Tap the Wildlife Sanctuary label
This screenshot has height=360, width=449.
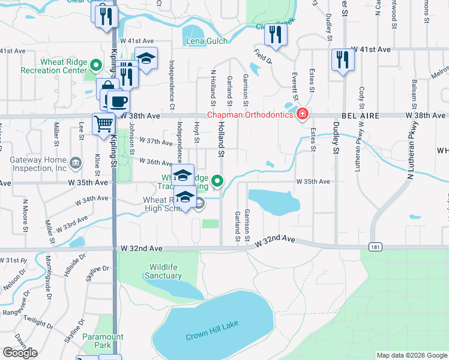[x=163, y=271]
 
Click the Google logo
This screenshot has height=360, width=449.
[x=20, y=353]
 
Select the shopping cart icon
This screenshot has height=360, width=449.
[x=104, y=124]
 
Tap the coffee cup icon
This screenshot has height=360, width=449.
[x=118, y=100]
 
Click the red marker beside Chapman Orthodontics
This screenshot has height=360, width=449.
[x=303, y=113]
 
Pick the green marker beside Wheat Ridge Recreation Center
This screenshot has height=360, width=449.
[x=95, y=64]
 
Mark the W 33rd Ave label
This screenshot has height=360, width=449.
[x=71, y=226]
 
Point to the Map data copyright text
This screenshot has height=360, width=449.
[x=411, y=355]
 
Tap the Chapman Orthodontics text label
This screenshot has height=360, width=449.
[x=251, y=115]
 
